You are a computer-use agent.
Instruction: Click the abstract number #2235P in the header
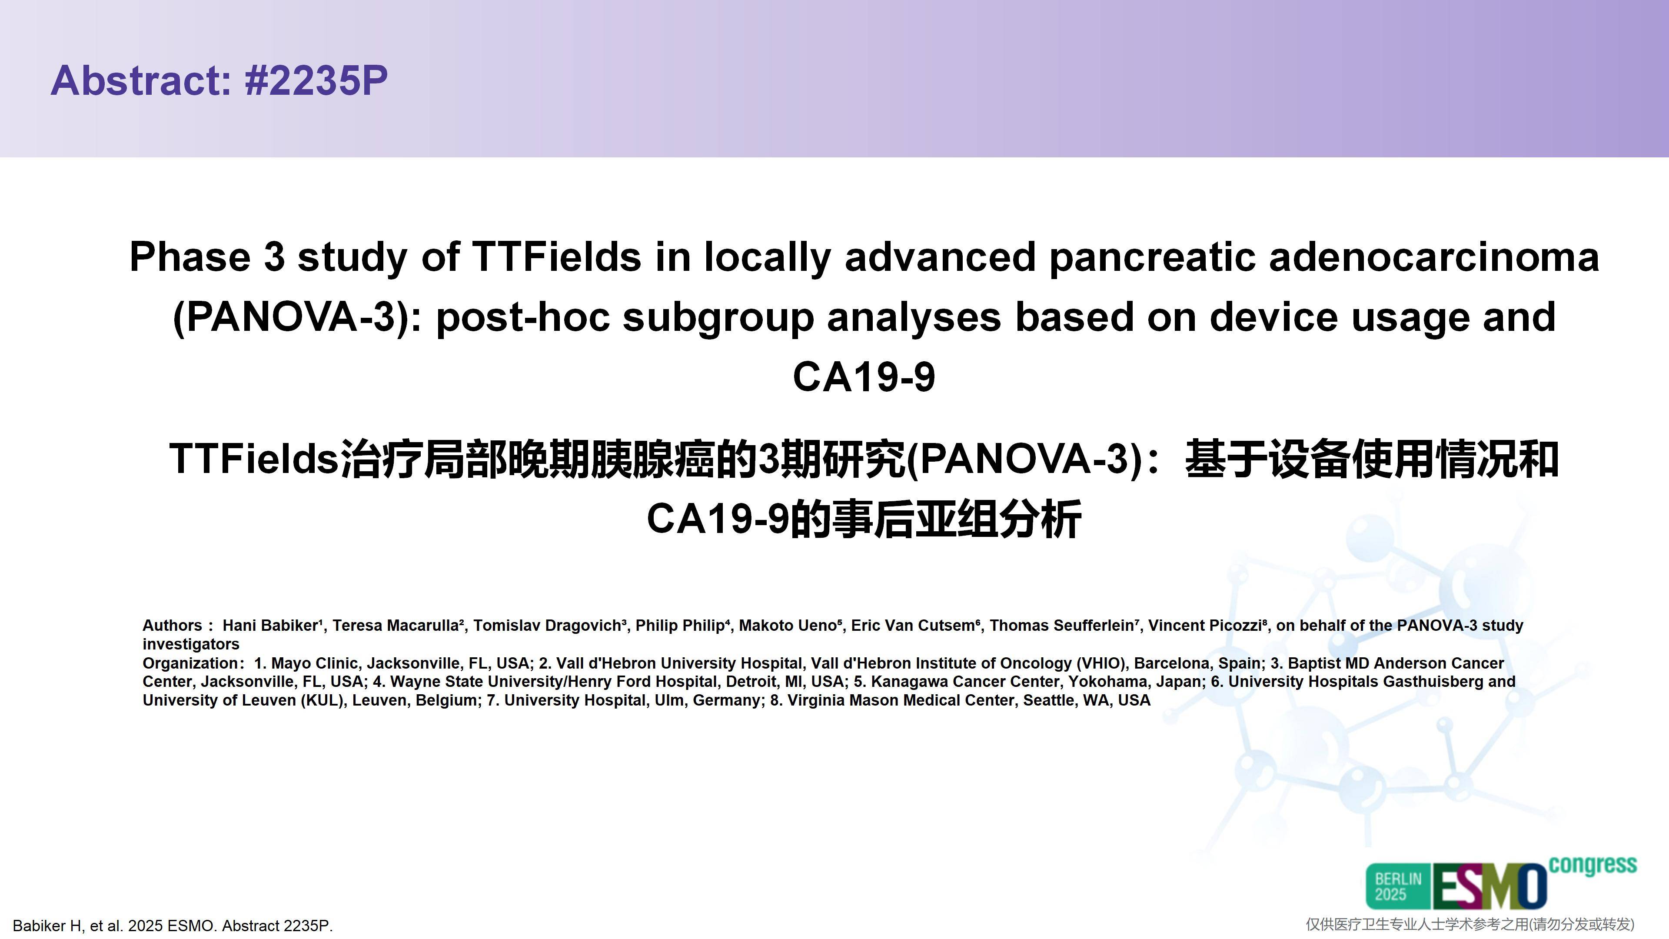[316, 80]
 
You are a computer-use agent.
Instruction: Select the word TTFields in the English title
[556, 256]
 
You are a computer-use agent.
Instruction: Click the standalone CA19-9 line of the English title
[864, 377]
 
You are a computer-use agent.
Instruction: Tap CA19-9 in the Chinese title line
[718, 519]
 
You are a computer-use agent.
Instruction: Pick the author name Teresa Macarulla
[396, 626]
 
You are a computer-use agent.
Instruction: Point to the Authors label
[173, 626]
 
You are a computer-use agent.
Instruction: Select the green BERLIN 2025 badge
[1398, 886]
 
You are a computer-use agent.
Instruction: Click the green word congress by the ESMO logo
[1593, 866]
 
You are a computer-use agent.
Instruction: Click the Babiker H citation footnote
[173, 926]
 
